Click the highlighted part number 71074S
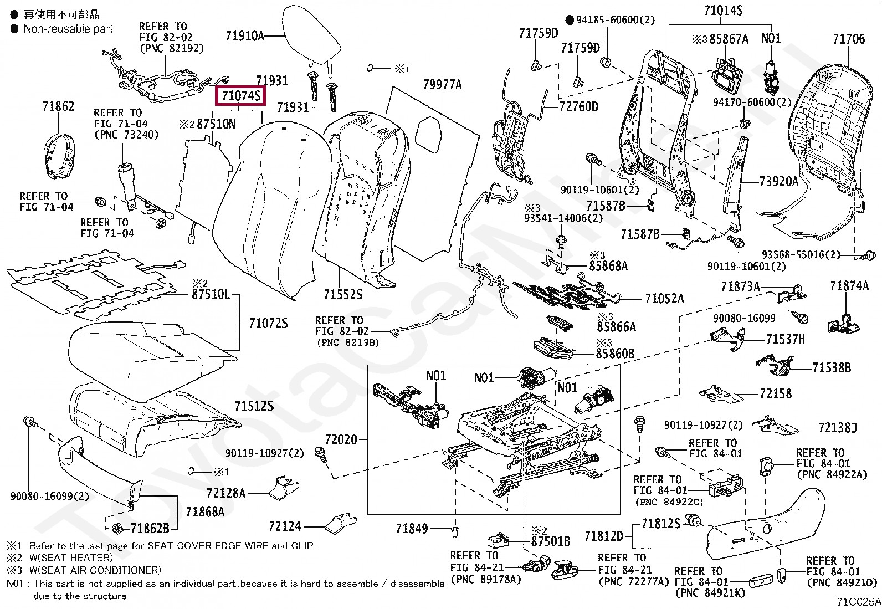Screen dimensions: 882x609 click(x=240, y=96)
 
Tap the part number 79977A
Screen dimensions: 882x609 click(x=442, y=84)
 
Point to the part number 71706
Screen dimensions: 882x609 click(x=849, y=39)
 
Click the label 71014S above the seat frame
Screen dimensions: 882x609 click(x=724, y=10)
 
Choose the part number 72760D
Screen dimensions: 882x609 click(x=578, y=107)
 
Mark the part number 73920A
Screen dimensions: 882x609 click(x=778, y=182)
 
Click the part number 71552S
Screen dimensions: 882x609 click(x=342, y=294)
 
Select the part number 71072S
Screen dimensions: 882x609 click(x=269, y=324)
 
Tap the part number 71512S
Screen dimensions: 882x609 click(x=254, y=406)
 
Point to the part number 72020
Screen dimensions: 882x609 click(x=341, y=439)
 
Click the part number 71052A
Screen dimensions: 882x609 click(x=664, y=299)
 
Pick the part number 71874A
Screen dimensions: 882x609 click(x=849, y=285)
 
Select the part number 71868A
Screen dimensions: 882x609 click(x=205, y=511)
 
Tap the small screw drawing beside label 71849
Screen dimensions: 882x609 click(x=455, y=531)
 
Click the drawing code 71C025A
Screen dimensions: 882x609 click(x=859, y=602)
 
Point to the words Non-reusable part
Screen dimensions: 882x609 click(x=68, y=29)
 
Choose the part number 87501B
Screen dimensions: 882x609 click(x=551, y=541)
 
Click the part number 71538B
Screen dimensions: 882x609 click(x=832, y=368)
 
